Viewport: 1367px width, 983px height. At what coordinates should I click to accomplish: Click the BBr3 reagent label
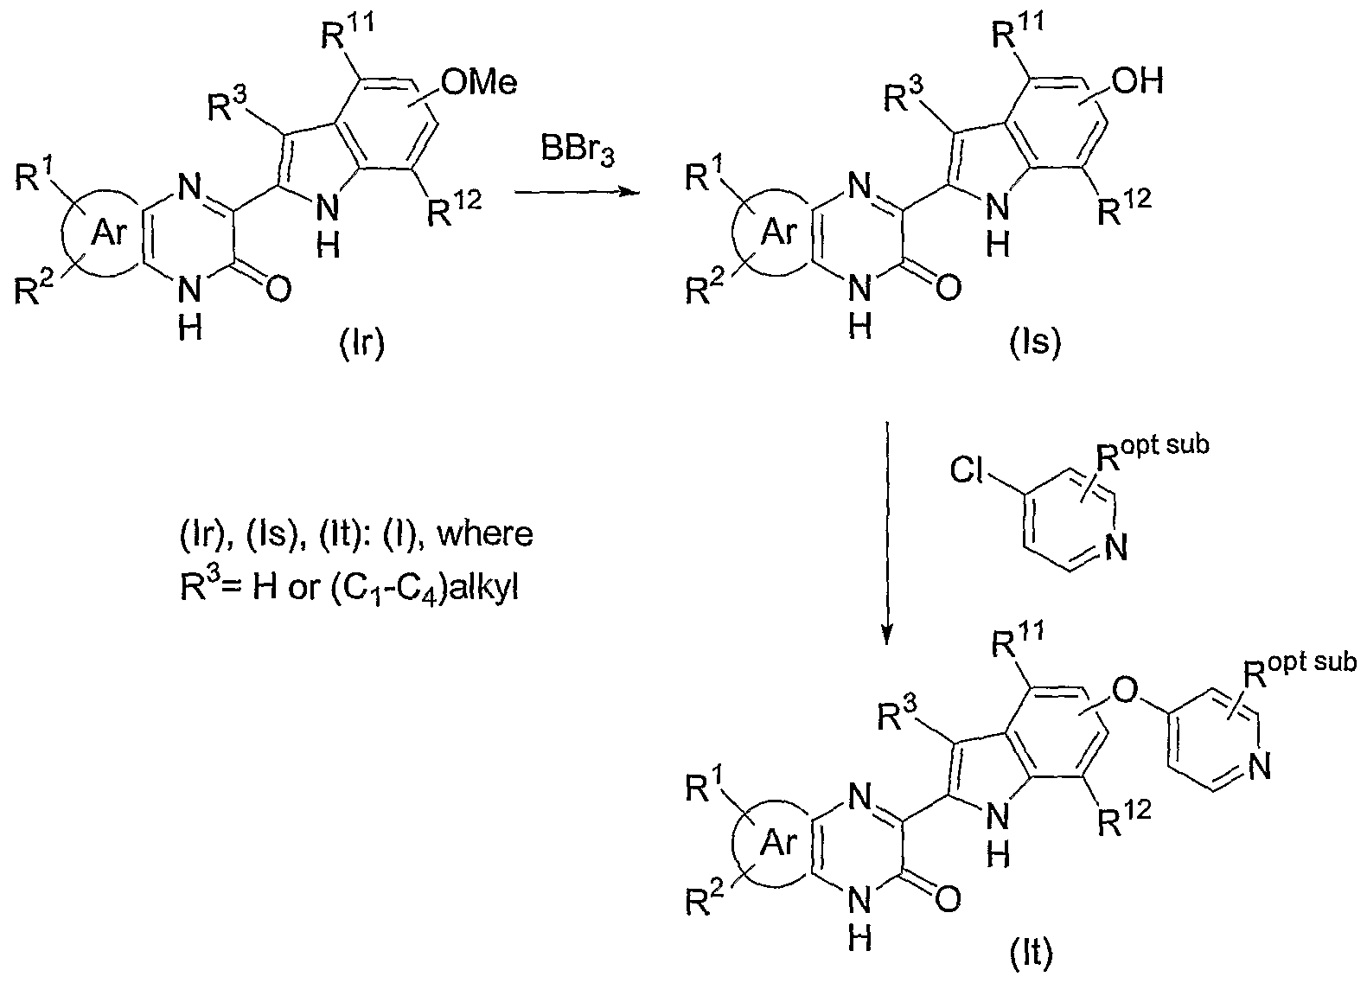[578, 151]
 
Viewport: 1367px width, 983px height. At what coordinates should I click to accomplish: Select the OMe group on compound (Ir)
[479, 82]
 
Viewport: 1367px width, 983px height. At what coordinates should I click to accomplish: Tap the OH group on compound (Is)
[1138, 80]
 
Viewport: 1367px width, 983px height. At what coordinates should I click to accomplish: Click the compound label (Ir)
[362, 343]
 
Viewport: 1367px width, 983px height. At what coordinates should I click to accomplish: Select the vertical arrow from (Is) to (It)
[887, 533]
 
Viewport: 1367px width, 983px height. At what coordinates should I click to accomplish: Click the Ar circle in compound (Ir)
[108, 233]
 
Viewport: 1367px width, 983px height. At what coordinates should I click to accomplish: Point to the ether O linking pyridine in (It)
[1126, 691]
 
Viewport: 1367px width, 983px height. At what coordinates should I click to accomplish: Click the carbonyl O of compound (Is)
[948, 288]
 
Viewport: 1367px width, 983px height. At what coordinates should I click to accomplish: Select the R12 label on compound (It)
[1124, 817]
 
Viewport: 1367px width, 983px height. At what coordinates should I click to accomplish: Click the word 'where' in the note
[486, 533]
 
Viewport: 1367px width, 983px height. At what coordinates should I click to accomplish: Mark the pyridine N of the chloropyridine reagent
[1115, 546]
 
